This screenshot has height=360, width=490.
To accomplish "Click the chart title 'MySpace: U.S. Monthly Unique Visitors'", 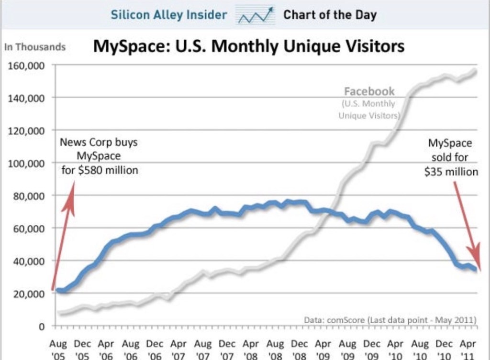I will tap(248, 46).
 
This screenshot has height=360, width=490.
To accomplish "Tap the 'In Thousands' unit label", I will tap(34, 47).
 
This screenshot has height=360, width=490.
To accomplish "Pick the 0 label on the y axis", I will tap(42, 327).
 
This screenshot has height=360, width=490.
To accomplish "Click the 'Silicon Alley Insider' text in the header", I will tap(168, 15).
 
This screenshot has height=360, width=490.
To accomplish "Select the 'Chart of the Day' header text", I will tap(330, 15).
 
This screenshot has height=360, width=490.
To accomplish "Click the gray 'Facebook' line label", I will tap(369, 91).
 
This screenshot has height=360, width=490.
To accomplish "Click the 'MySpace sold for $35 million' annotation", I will tap(450, 157).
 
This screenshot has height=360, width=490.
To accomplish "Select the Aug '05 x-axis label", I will tap(58, 349).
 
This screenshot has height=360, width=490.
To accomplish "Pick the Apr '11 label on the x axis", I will tap(468, 349).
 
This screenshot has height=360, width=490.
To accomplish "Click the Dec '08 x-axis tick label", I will tap(299, 349).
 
